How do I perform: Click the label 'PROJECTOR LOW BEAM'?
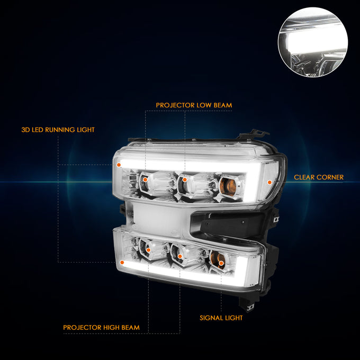click(194, 105)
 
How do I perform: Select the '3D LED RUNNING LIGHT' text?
click(58, 130)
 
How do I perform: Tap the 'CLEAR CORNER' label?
click(319, 177)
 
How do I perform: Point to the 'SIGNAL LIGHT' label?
click(221, 318)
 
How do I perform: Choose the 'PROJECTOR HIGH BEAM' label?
click(101, 327)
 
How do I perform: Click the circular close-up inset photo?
click(313, 42)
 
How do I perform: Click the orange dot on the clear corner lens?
click(269, 182)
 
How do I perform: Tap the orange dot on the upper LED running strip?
click(119, 165)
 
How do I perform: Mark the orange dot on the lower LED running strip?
click(122, 263)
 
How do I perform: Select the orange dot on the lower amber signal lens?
click(221, 263)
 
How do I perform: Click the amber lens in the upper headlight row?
click(229, 187)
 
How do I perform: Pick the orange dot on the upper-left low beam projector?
click(145, 179)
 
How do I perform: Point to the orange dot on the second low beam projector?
click(185, 179)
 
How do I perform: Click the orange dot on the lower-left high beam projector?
click(148, 250)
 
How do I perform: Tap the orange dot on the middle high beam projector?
click(180, 256)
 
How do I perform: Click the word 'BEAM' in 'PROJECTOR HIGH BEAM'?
click(130, 327)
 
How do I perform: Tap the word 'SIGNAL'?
click(210, 318)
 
